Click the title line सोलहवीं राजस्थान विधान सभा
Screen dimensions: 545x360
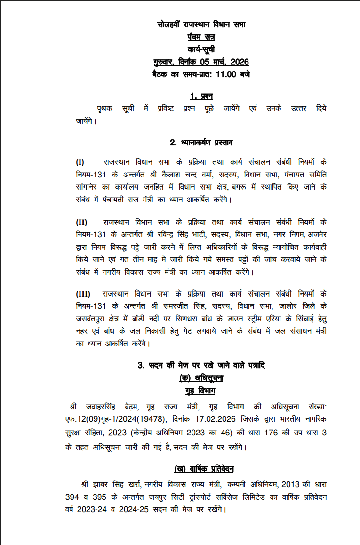pos(201,24)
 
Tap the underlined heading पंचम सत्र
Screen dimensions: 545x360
pos(201,37)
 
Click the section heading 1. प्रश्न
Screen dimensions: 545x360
pos(201,96)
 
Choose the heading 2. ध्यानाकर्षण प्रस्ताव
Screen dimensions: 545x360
pos(201,143)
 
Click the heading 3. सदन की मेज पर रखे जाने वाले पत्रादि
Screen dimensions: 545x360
pos(201,366)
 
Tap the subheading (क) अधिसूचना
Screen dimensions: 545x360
pos(201,378)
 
